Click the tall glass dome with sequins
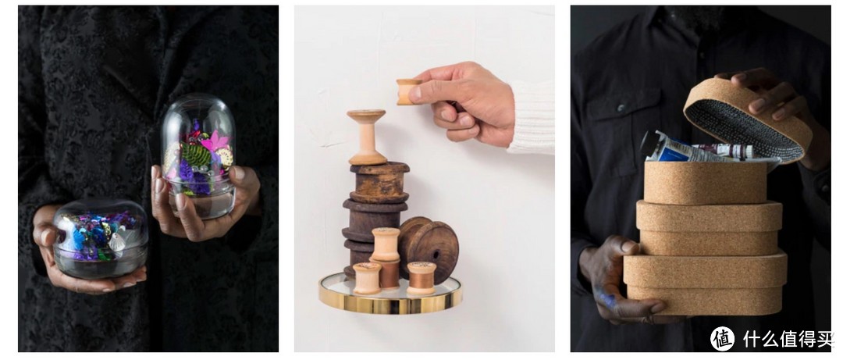click(198, 157)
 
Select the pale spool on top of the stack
click(367, 137)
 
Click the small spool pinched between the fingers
click(408, 91)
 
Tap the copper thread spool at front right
click(421, 278)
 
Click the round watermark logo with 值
click(722, 338)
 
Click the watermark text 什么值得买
click(788, 339)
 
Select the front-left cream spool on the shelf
click(367, 278)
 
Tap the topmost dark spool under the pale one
click(379, 182)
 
